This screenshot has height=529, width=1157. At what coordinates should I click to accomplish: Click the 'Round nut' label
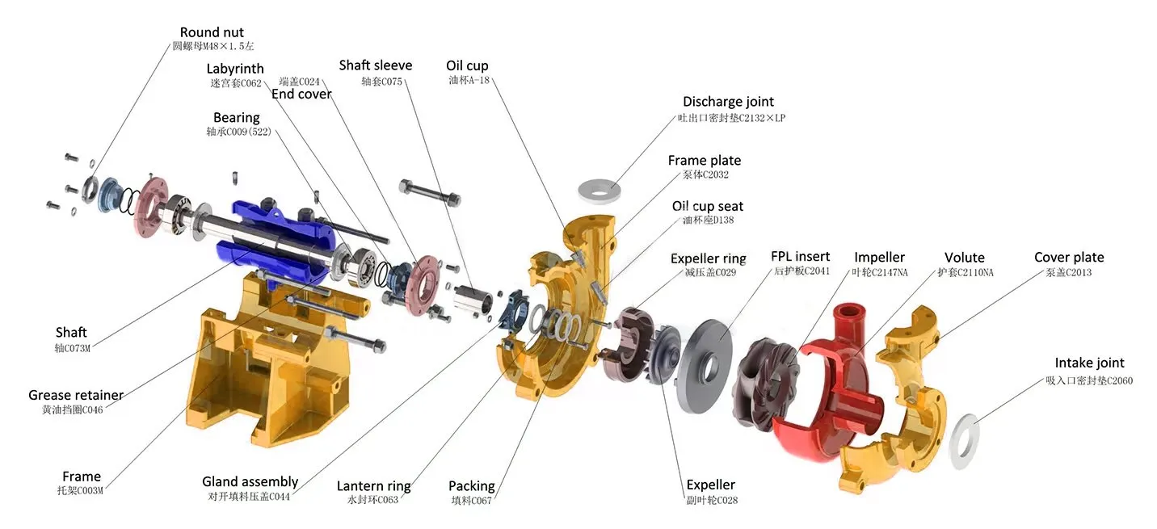211,33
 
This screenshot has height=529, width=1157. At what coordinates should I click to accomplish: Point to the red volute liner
816,396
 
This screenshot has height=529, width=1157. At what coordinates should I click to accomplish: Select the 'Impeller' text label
879,258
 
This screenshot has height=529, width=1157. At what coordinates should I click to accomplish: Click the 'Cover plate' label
1068,258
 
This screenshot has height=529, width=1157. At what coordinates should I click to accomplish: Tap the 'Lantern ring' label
373,486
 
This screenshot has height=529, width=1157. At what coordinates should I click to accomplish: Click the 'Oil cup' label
467,66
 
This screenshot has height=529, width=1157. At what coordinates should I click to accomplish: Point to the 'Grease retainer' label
76,395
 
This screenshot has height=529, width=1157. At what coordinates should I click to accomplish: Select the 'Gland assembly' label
250,482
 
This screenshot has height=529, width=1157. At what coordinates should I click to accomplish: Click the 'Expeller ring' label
708,258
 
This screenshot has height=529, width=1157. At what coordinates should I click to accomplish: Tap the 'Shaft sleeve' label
375,65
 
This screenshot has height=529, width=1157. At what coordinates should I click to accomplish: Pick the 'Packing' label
471,486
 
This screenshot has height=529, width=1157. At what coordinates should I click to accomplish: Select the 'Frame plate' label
704,161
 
